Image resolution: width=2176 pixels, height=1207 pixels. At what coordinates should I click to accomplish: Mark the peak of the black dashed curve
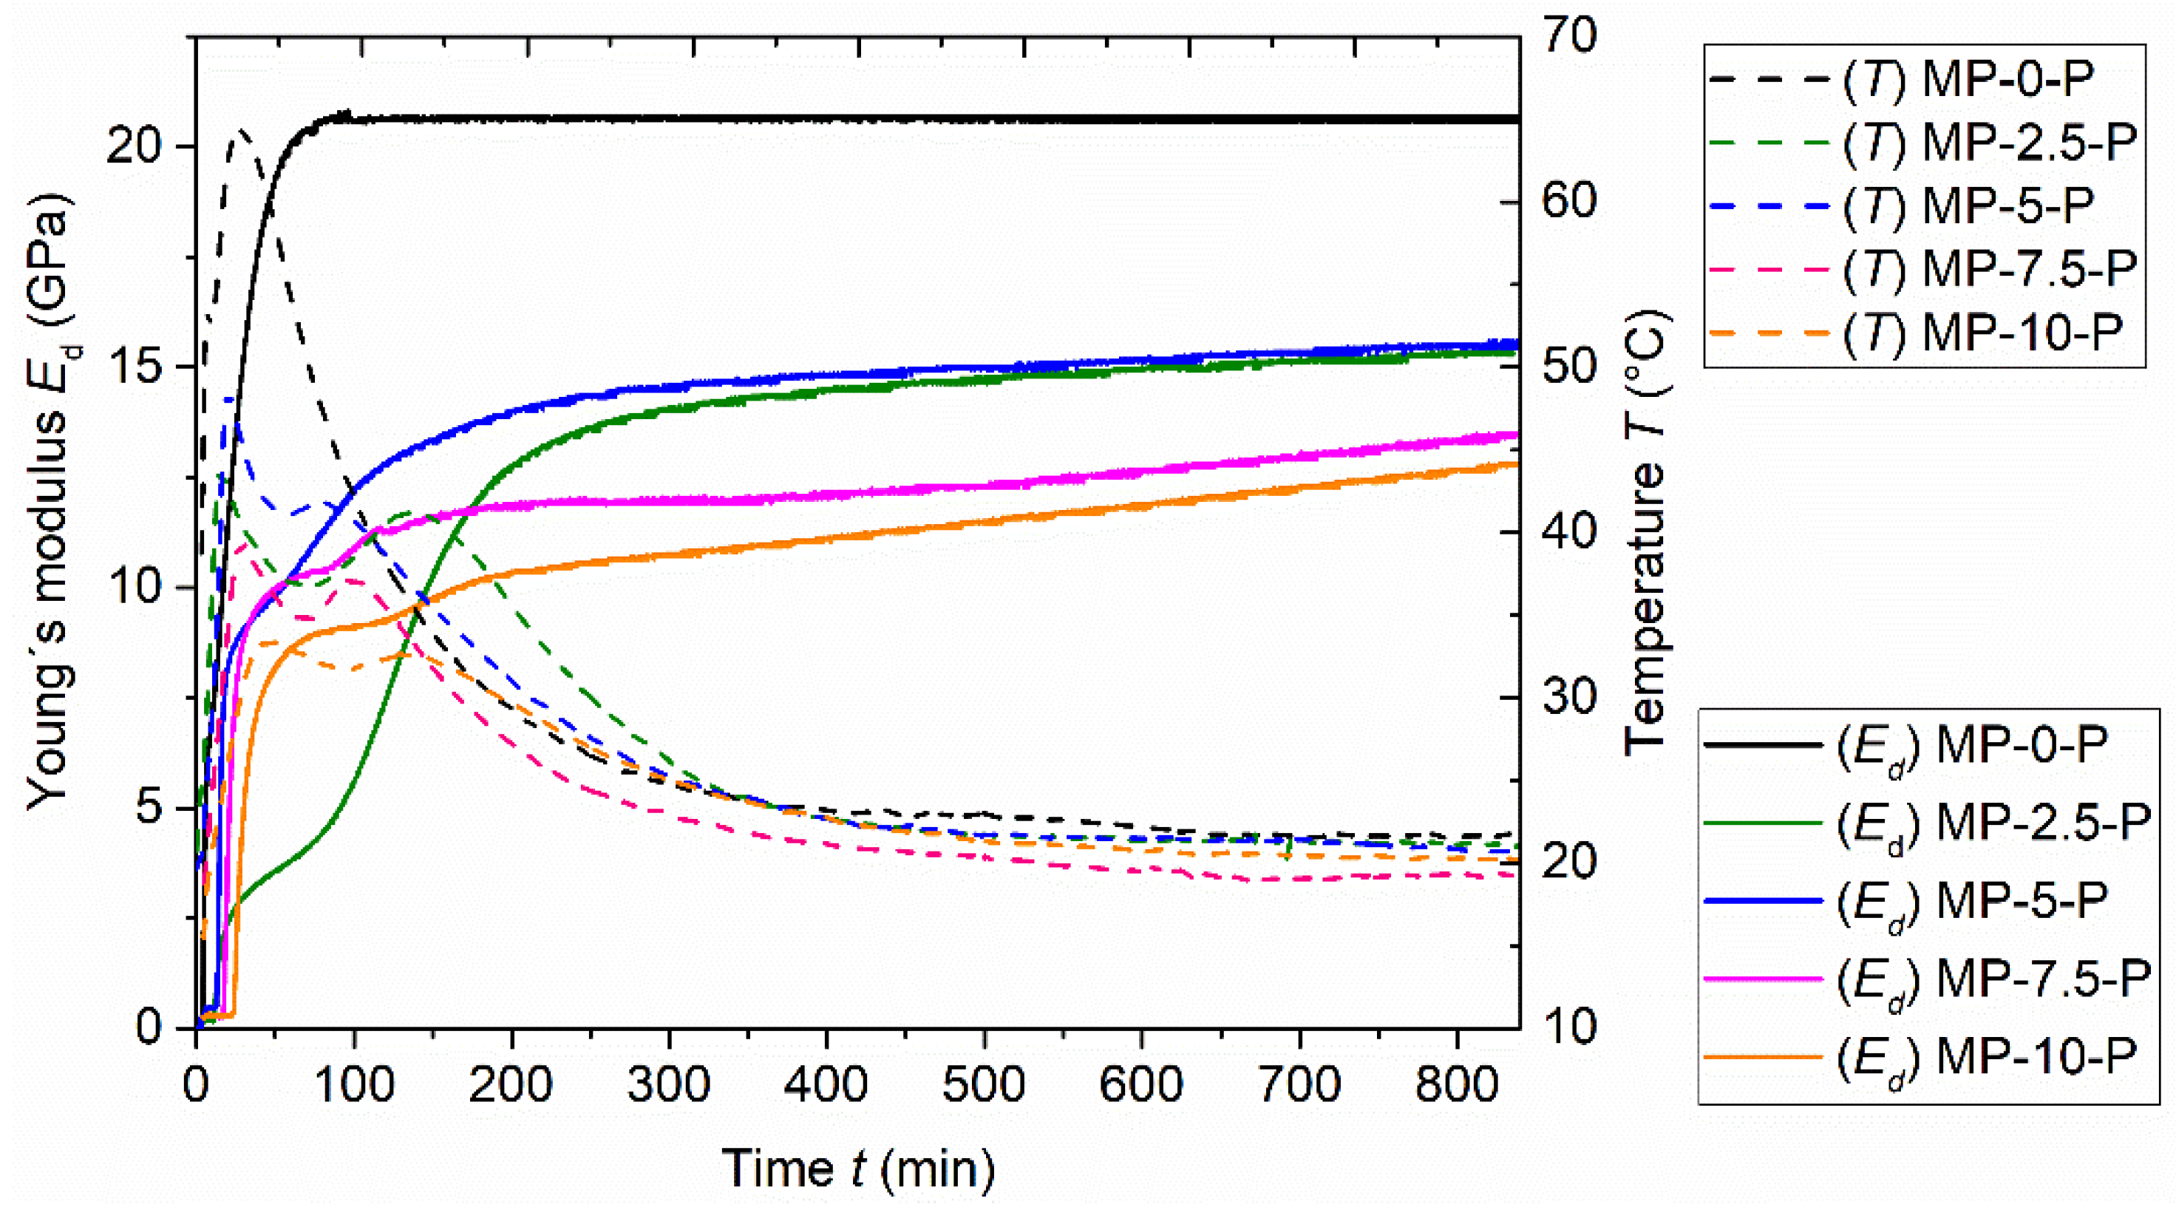[x=241, y=132]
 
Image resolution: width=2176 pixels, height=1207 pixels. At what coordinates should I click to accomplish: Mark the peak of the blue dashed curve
[x=228, y=398]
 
